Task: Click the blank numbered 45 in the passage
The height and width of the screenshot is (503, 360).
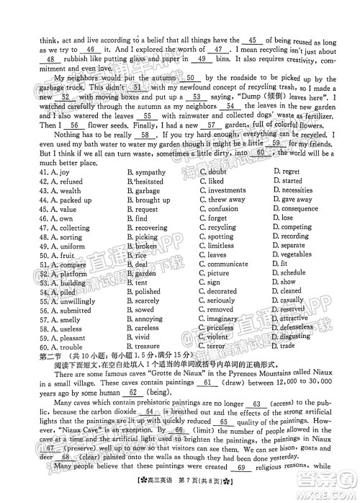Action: tap(252, 40)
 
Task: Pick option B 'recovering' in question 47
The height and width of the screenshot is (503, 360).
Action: tap(151, 228)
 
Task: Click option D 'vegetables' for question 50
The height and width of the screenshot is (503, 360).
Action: tap(296, 255)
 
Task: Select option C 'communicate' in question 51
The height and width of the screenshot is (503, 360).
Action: tap(229, 264)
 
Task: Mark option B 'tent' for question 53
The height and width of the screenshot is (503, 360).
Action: tap(143, 283)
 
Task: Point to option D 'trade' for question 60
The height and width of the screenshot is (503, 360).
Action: tap(288, 347)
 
